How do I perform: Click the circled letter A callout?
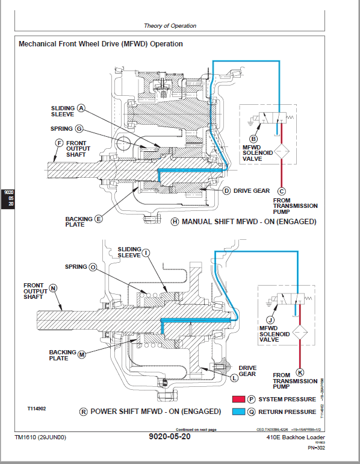81,109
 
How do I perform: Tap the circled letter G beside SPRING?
79,128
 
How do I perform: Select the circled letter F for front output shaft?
59,143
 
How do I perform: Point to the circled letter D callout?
227,190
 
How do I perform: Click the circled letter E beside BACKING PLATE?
98,219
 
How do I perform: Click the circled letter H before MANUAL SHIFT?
175,222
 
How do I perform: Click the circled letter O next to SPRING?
93,266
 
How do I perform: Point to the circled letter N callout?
53,288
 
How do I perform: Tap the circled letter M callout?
82,356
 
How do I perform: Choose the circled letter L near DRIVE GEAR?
235,378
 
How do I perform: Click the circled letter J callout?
270,320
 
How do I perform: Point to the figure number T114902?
38,408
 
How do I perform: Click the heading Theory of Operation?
170,26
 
